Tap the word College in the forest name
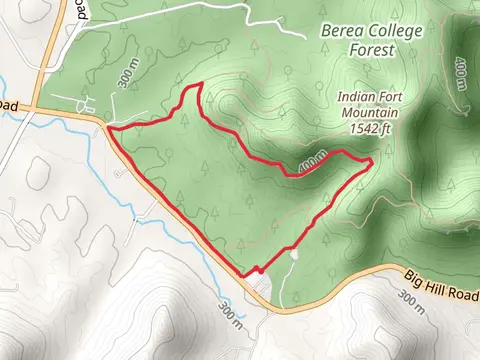pos(394,30)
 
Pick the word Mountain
pos(371,114)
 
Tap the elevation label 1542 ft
pos(371,129)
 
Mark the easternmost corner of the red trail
pos(372,160)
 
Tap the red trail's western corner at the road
pos(107,128)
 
